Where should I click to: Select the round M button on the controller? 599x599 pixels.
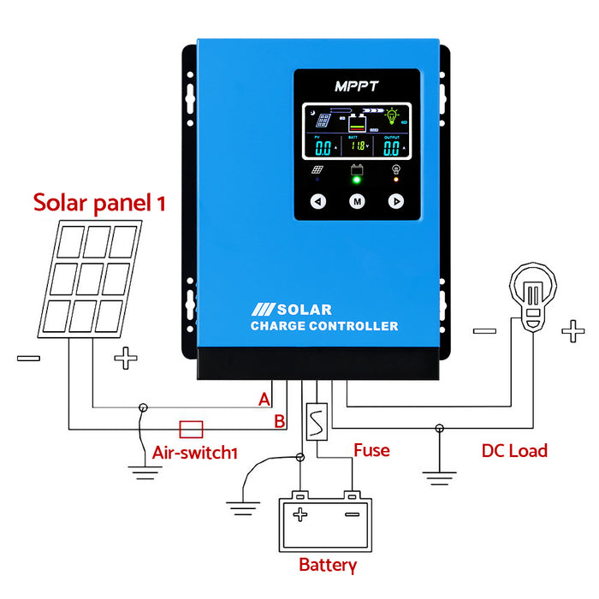point(357,202)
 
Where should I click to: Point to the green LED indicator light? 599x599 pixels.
point(357,181)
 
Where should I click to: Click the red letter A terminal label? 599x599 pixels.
point(264,400)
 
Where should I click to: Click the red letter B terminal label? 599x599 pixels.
point(278,421)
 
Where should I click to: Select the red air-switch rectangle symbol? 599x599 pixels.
point(190,428)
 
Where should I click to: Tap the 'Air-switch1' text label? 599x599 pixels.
point(194,453)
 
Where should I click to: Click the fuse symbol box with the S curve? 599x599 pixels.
point(317,422)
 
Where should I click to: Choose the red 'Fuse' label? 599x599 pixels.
point(371,450)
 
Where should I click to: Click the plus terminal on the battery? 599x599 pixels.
point(299,514)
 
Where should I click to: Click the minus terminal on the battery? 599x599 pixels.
point(352,514)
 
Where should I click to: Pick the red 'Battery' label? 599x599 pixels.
point(327,565)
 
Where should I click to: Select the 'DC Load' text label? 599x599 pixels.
point(513,450)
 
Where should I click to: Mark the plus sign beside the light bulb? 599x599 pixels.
point(571,332)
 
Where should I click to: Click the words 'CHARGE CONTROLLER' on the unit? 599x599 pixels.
point(324,326)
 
